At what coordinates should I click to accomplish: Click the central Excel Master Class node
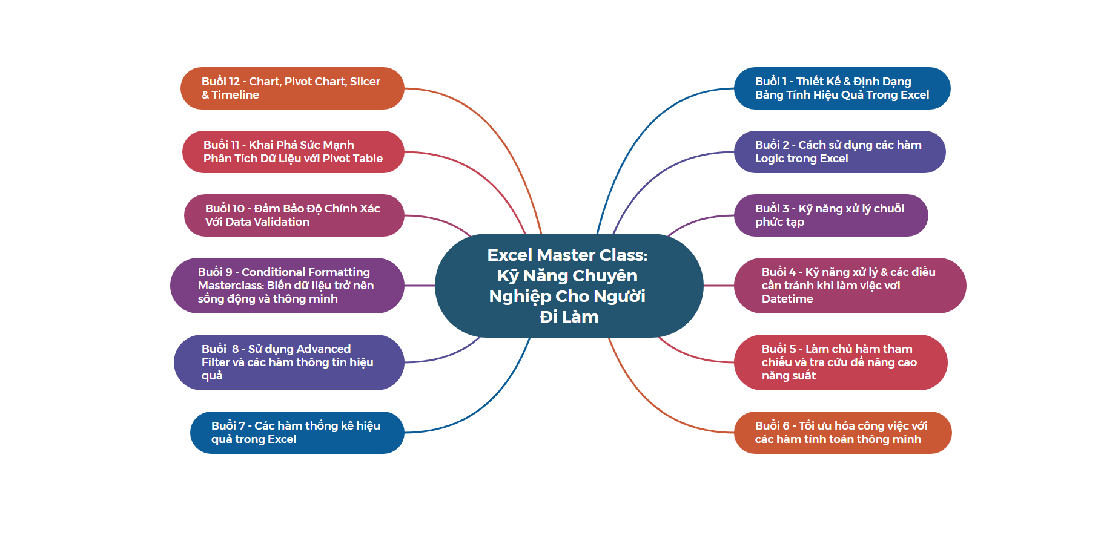[x=569, y=285]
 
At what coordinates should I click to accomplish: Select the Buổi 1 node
[x=842, y=88]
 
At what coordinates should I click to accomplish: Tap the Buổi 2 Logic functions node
[x=839, y=152]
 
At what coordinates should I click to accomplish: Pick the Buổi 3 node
[x=830, y=215]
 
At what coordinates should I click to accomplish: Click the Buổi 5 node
[x=840, y=362]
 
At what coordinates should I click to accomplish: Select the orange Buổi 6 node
[x=842, y=433]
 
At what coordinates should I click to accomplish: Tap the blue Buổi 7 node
[x=297, y=433]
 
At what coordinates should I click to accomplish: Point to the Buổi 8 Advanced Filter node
[x=289, y=362]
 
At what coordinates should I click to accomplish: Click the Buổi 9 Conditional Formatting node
[x=287, y=286]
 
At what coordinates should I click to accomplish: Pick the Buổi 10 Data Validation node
[x=294, y=215]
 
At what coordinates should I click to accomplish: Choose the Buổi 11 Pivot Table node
[x=293, y=152]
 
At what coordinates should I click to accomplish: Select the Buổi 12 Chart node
[x=292, y=88]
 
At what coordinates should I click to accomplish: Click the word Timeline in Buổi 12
[x=236, y=95]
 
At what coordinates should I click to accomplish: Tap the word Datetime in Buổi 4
[x=787, y=299]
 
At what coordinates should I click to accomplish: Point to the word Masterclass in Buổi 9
[x=231, y=286]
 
